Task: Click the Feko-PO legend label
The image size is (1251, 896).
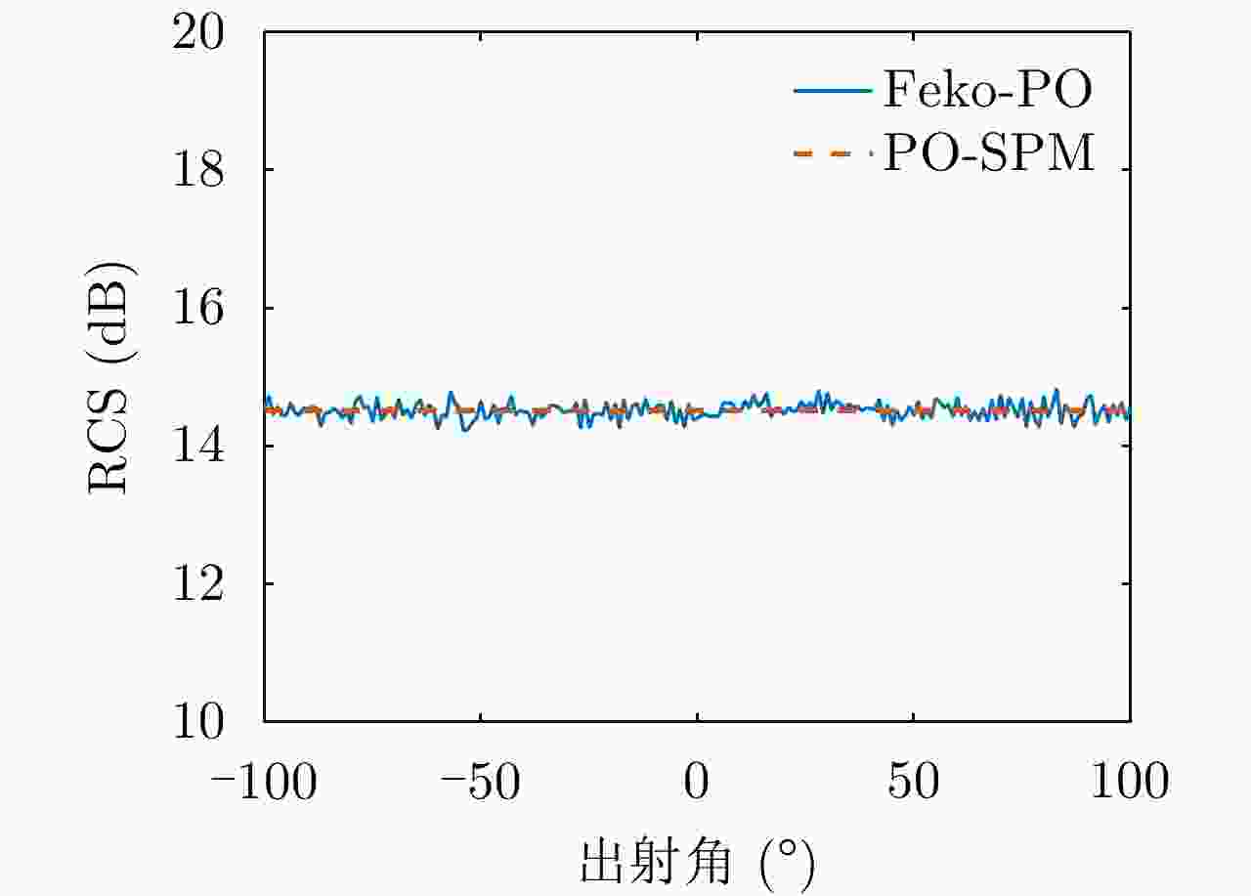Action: (987, 91)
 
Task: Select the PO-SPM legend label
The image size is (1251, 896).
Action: (989, 154)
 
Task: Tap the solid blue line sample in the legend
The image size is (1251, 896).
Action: (832, 91)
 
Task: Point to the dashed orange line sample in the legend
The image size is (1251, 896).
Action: (832, 154)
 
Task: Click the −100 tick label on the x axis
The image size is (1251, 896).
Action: (264, 782)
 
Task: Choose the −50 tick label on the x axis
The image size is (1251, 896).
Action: (480, 782)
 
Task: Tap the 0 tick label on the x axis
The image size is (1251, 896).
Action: (696, 782)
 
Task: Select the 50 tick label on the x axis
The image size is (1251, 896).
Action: (913, 782)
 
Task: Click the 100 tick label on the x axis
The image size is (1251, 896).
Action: (1130, 782)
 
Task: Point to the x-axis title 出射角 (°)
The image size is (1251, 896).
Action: (696, 862)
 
